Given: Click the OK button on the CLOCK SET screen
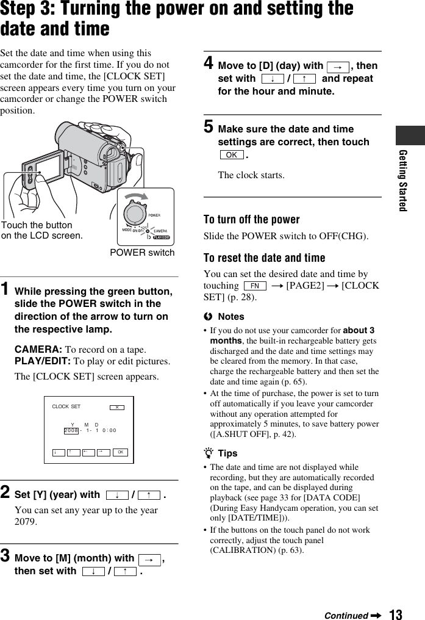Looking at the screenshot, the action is pos(121,453).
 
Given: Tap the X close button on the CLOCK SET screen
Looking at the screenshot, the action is pos(116,407).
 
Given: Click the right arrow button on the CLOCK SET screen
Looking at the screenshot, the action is pos(102,453).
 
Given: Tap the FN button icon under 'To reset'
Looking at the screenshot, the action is pos(254,286).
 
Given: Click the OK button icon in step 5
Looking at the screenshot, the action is pos(231,155).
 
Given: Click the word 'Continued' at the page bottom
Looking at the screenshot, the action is pos(346,615).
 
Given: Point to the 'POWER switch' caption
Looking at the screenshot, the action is pos(142,253).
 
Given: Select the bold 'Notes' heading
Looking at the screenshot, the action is pos(230,317).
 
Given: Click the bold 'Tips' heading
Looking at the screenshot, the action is pos(227,453).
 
